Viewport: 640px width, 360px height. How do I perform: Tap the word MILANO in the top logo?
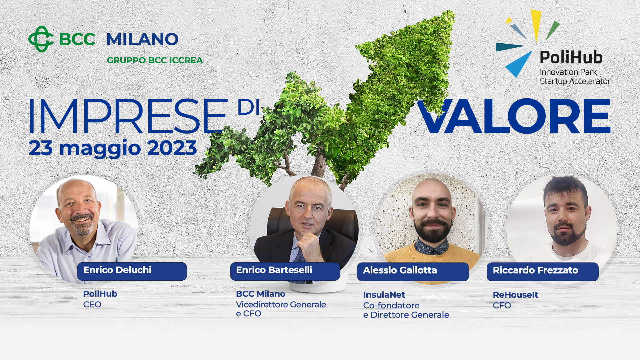coord(143,39)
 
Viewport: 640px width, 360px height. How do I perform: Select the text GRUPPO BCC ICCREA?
coord(155,60)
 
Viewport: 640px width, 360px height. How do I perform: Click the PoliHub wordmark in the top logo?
coord(571,57)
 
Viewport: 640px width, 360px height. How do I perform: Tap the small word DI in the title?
coord(248,107)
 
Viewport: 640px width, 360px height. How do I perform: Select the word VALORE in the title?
coord(514,116)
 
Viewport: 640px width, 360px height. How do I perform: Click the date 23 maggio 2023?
coord(113,148)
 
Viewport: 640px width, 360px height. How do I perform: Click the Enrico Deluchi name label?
coord(132,271)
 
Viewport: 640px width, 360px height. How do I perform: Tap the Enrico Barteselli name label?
coord(285,271)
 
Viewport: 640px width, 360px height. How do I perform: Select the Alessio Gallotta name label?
coord(413,271)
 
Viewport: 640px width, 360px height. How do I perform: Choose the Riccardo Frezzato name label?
coord(543,271)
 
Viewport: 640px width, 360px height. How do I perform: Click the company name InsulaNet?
coord(384,295)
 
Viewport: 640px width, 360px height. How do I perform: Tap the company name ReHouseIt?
coord(515,295)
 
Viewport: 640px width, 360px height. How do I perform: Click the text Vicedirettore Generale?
coord(281,304)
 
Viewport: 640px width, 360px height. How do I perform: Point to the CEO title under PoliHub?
coord(92,304)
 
